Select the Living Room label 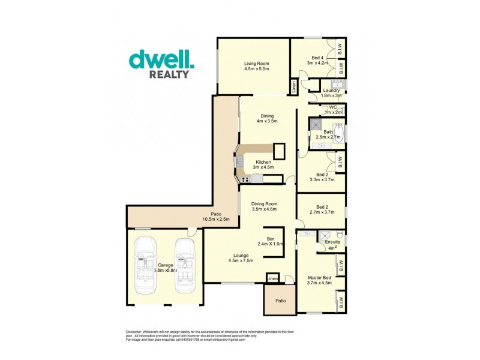pos(256,63)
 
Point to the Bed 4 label pos(315,56)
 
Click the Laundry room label pos(331,90)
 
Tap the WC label pos(332,107)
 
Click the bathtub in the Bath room pos(340,135)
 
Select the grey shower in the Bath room pos(316,124)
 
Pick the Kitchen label pos(263,162)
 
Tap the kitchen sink pos(238,161)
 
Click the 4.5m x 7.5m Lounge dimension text pos(241,260)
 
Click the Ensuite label pos(332,242)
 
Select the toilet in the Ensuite pos(340,233)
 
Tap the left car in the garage pos(145,265)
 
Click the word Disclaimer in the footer pos(134,332)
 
